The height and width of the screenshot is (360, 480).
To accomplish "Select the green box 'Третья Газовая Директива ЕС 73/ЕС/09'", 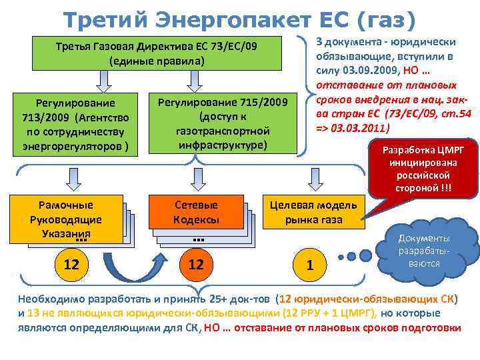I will (156, 53).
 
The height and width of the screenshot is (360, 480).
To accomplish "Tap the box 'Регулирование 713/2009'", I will (76, 124).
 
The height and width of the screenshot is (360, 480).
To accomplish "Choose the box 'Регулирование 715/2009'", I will (222, 123).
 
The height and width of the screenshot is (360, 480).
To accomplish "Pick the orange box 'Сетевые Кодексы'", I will (196, 212).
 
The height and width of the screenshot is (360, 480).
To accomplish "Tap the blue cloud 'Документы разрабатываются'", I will (424, 250).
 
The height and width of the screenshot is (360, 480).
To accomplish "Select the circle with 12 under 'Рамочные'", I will (71, 265).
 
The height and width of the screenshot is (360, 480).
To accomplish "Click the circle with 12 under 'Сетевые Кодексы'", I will (196, 265).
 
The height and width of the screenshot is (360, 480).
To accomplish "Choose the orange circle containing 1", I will (309, 265).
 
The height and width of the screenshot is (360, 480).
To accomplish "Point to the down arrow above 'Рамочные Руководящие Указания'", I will (71, 177).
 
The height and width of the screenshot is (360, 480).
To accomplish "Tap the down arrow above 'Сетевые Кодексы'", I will (196, 177).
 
